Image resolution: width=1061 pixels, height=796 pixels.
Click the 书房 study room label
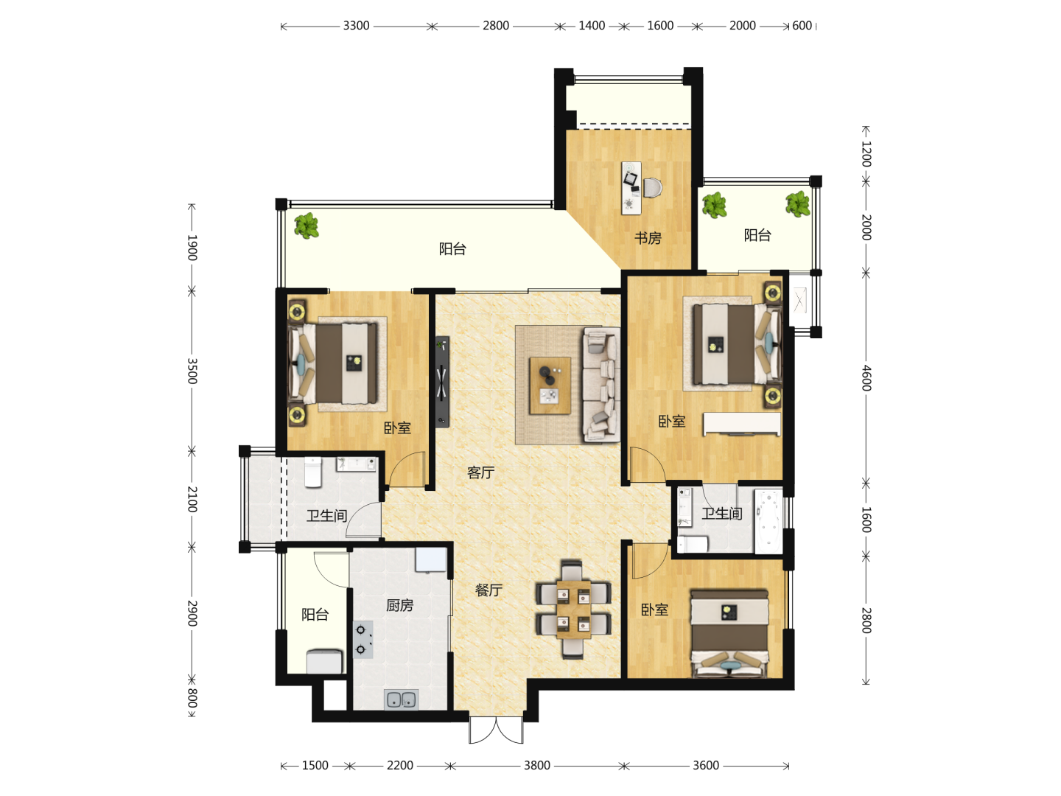pos(648,238)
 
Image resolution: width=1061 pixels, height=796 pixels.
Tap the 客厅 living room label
pos(480,472)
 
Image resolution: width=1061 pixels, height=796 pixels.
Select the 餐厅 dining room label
pos(489,590)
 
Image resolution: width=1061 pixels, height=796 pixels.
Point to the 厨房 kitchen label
pos(400,605)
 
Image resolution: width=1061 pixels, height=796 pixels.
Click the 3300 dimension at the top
pos(356,26)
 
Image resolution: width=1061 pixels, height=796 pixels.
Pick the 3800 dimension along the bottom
pos(537,766)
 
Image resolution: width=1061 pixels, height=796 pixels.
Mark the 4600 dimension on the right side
pos(866,378)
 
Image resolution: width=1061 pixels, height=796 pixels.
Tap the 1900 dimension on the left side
pos(192,248)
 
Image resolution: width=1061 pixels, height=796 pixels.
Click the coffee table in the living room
pos(550,385)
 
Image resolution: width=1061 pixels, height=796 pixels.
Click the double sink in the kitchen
pos(402,699)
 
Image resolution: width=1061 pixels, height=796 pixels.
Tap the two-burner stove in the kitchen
pos(363,640)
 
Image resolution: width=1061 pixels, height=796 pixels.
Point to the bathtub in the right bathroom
pos(768,522)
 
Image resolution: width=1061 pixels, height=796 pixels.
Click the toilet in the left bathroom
pos(312,472)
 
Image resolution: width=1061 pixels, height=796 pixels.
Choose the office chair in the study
pos(652,187)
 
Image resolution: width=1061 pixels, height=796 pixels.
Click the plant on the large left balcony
pos(307,226)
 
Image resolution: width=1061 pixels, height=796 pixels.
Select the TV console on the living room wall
pos(442,382)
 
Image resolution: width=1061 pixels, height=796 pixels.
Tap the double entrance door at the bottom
pos(496,730)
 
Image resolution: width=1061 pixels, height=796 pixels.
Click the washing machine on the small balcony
pos(325,661)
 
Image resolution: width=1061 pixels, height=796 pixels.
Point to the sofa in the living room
pos(601,385)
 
